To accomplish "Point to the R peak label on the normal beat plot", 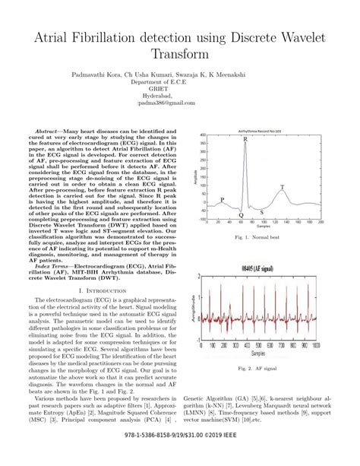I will point(245,140).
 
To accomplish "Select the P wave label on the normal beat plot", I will point(222,199).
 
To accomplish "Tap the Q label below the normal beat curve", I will point(241,215).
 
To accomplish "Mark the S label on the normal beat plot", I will point(262,212).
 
